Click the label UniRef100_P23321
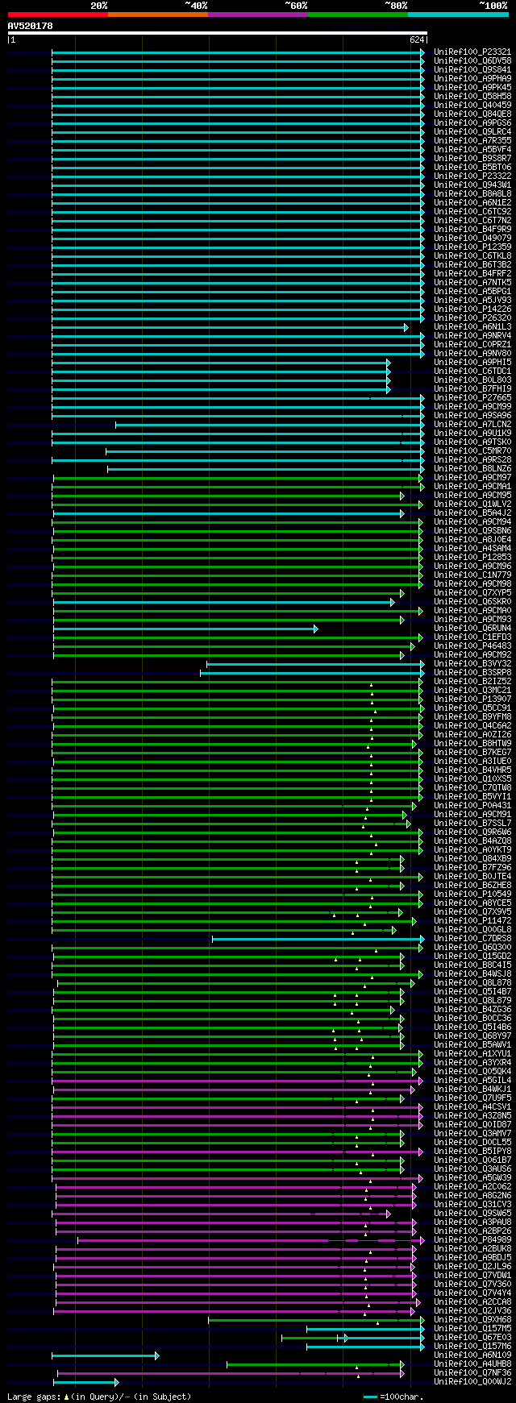472,52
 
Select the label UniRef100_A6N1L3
472,327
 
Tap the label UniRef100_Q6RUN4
472,629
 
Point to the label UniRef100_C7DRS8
472,939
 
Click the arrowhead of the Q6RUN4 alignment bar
316,629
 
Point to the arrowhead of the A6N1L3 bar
406,327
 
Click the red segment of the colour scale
57,14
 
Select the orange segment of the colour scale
157,14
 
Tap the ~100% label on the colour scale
493,6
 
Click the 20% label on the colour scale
98,6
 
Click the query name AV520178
30,26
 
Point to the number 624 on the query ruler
417,39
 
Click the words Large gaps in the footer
33,1397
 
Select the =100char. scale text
402,1397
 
